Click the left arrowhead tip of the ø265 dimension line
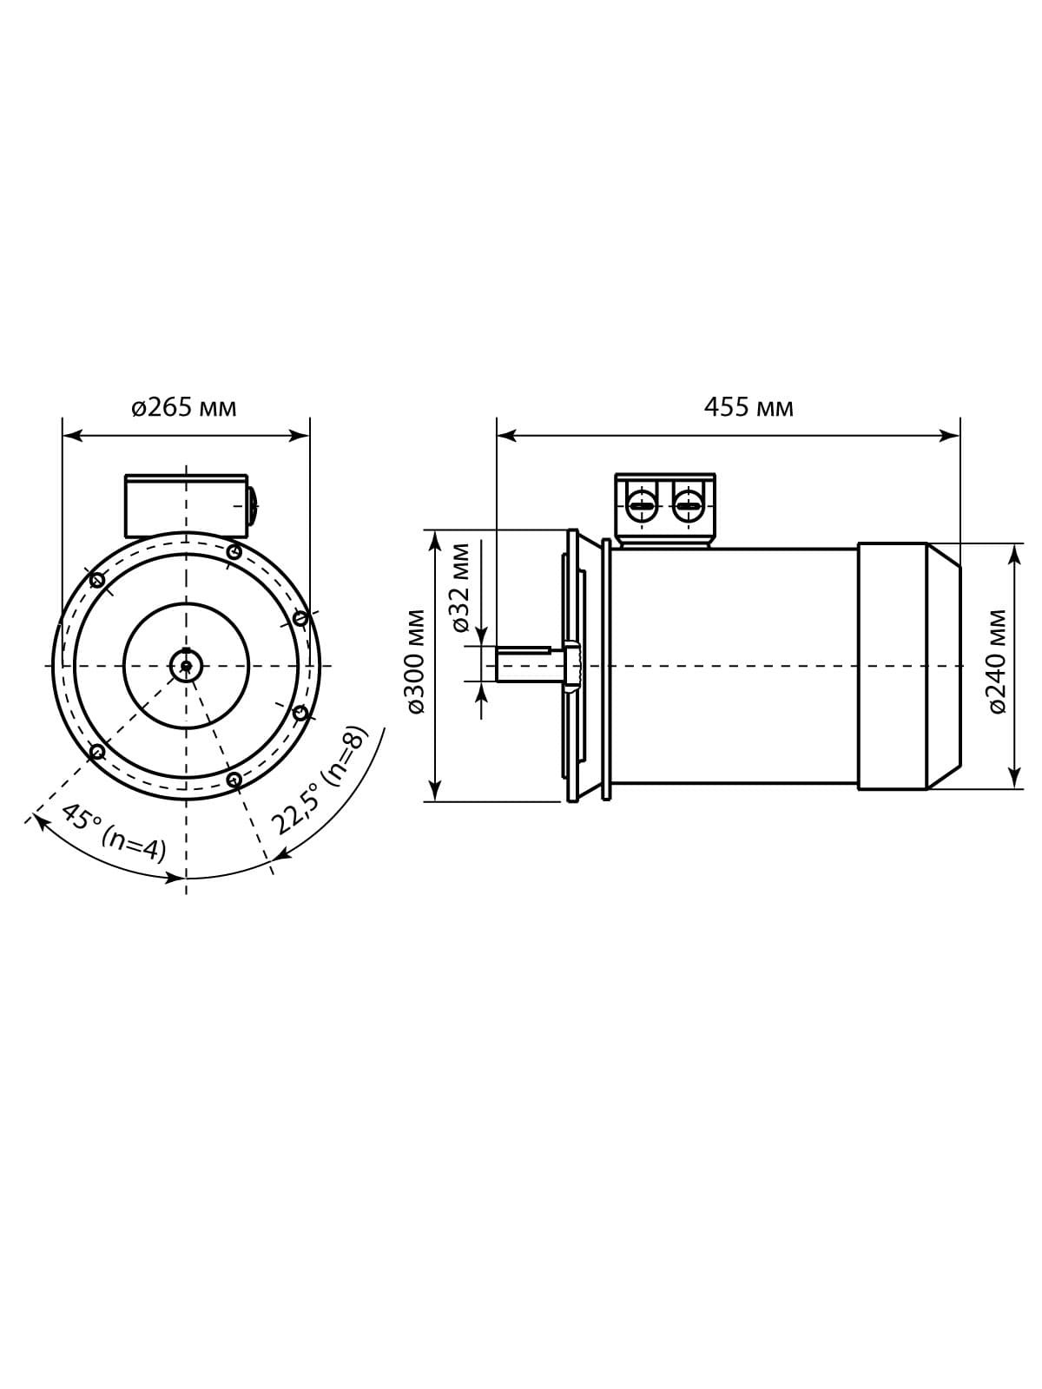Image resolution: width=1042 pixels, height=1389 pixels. [x=63, y=436]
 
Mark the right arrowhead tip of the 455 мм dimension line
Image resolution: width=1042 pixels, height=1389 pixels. [x=960, y=436]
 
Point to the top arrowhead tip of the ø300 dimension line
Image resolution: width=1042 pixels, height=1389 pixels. [x=435, y=531]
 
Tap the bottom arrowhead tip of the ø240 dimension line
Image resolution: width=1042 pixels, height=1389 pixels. [x=1014, y=788]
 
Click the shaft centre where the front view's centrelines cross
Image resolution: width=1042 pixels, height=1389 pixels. [x=186, y=666]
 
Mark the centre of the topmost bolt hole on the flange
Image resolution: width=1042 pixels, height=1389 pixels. [x=234, y=552]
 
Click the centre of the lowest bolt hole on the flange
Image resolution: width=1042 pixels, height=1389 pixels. [x=234, y=779]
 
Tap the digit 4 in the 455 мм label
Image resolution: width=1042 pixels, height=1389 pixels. [x=710, y=407]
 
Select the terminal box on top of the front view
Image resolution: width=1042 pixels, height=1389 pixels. [x=186, y=505]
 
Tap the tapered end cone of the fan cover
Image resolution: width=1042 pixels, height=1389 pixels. [x=943, y=666]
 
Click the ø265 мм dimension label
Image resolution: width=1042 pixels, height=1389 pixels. [x=184, y=407]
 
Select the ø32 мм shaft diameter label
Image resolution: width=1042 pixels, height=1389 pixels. [x=461, y=588]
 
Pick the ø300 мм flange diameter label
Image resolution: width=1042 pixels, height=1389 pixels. [x=416, y=662]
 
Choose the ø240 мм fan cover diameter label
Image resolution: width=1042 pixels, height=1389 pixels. [x=997, y=662]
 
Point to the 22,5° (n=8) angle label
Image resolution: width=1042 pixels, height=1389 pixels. [x=320, y=779]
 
